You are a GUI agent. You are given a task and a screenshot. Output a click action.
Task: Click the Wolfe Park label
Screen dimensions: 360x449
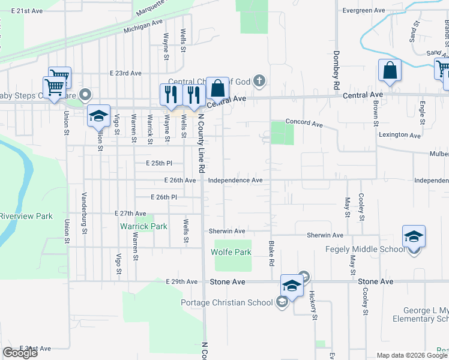coord(231,252)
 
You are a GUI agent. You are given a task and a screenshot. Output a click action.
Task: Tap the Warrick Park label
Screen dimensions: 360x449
coord(143,226)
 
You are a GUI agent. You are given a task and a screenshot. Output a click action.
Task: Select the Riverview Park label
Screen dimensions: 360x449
coord(26,216)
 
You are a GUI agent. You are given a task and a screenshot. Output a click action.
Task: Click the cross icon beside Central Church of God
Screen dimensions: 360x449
coord(259,80)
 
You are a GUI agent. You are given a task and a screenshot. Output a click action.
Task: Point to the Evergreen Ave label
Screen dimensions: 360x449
coord(363,11)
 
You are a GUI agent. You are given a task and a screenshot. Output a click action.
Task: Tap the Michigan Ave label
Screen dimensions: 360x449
coord(143,26)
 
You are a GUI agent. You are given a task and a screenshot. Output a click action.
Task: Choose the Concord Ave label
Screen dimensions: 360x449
coord(304,122)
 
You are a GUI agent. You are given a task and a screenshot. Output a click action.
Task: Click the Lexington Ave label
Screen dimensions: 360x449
coord(399,135)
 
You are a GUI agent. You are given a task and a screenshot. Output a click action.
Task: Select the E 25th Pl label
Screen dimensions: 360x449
coord(158,163)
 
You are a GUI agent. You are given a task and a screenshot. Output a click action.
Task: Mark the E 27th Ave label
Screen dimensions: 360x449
coord(130,213)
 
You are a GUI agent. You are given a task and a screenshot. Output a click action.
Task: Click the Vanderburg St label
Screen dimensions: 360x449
coord(85,214)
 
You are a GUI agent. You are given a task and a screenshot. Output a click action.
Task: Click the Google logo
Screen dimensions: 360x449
coord(20,353)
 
